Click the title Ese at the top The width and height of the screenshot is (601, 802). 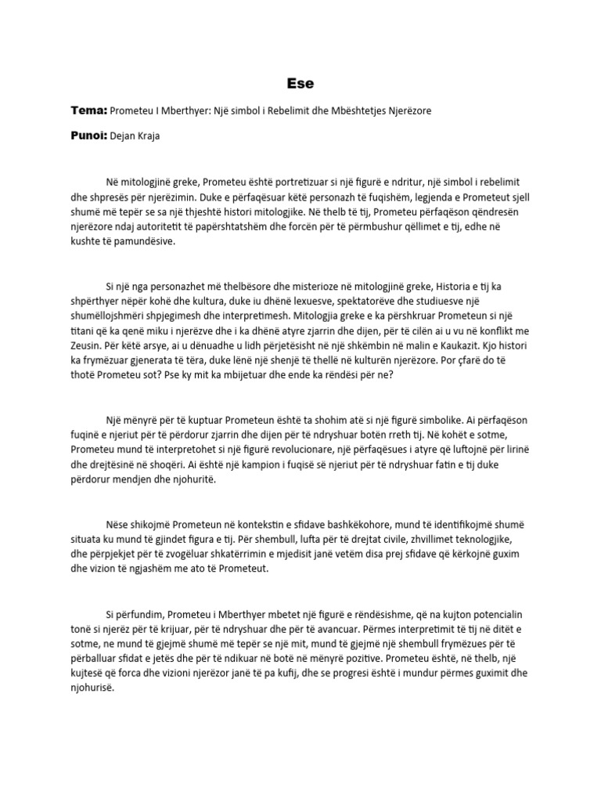300,81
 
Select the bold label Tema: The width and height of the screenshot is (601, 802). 88,110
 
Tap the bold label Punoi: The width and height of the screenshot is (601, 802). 91,135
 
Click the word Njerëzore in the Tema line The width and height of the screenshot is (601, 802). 405,111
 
